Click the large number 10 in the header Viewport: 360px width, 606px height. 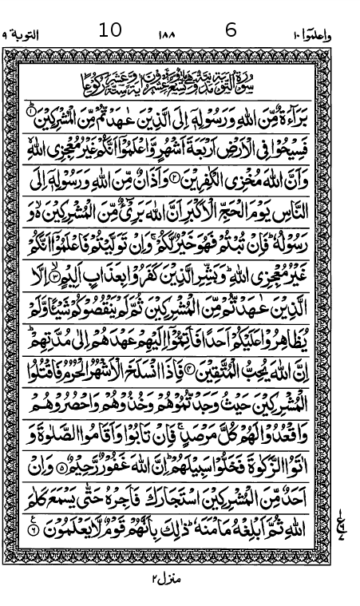110,31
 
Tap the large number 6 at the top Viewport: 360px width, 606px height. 231,31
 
